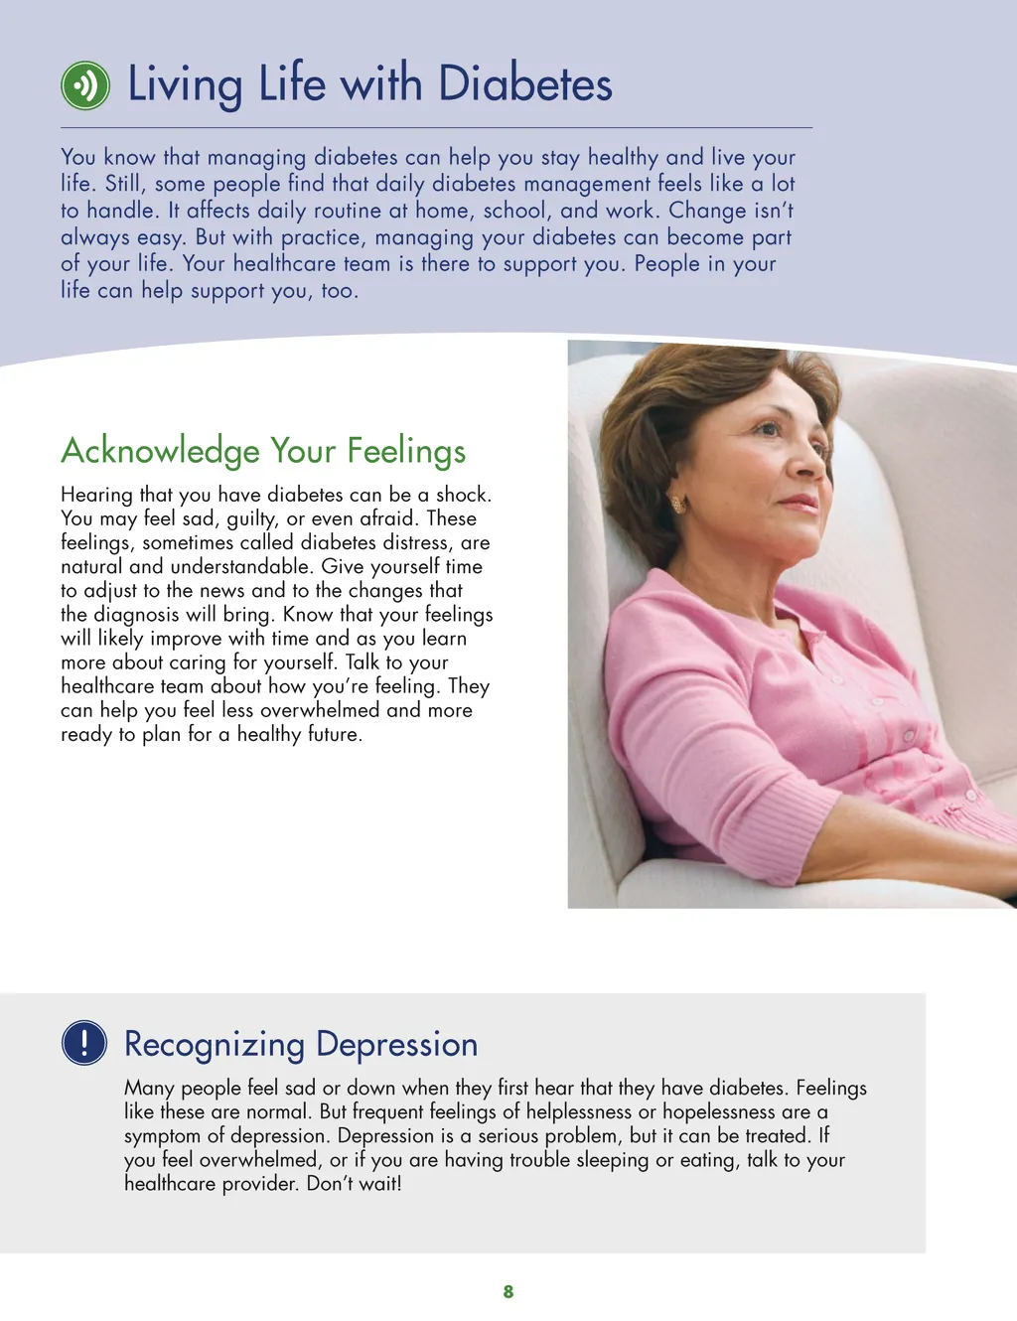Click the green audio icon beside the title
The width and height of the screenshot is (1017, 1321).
(x=85, y=85)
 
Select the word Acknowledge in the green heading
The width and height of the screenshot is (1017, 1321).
(x=160, y=451)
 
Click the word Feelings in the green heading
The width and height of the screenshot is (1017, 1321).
(x=406, y=451)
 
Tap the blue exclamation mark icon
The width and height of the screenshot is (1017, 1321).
(x=84, y=1043)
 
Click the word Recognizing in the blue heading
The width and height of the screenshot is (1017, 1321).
(x=215, y=1045)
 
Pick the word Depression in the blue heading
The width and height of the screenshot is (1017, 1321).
(x=396, y=1045)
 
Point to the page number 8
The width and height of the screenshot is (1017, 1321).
(x=508, y=1291)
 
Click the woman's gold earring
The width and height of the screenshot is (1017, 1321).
(x=679, y=504)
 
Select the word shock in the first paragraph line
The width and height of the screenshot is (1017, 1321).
(x=462, y=495)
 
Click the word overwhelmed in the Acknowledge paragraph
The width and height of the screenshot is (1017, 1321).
(x=320, y=710)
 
